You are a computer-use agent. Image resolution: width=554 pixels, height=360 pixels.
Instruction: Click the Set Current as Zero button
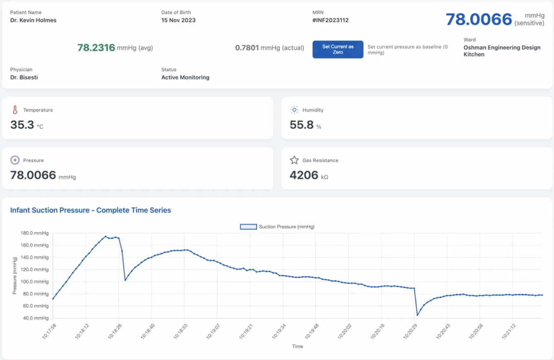click(x=337, y=49)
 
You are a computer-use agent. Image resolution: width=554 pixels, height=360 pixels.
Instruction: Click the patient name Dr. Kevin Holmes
click(x=33, y=20)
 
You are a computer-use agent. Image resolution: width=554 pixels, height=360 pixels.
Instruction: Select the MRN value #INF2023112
click(x=330, y=20)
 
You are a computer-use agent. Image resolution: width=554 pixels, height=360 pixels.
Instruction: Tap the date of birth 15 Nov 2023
click(x=178, y=20)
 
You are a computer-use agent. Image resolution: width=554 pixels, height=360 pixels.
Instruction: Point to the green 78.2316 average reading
click(x=96, y=48)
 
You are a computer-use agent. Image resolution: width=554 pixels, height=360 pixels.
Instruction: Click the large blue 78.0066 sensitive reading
click(x=479, y=19)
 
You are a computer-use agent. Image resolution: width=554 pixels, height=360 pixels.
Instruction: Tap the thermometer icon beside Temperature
click(x=15, y=110)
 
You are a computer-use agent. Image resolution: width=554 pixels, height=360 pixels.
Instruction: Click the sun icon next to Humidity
click(x=294, y=110)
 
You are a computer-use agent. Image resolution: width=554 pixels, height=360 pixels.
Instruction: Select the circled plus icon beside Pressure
click(x=15, y=160)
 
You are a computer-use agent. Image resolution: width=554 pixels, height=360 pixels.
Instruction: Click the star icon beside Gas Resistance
click(x=294, y=160)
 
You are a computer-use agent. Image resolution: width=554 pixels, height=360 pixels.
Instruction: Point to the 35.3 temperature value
click(x=22, y=125)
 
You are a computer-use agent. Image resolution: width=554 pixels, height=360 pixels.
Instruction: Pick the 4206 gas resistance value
click(x=304, y=175)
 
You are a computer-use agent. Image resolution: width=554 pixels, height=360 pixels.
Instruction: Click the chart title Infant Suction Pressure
click(x=90, y=210)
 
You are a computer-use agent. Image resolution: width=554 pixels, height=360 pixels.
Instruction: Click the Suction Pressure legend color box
click(x=248, y=227)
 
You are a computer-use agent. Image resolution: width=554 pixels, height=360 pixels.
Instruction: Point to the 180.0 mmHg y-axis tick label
click(x=34, y=233)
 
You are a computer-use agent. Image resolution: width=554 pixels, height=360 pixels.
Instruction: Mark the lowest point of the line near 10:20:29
click(x=417, y=315)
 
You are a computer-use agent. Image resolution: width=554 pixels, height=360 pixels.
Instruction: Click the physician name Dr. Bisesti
click(x=24, y=77)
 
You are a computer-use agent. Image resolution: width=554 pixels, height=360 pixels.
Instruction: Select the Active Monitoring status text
click(x=185, y=77)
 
